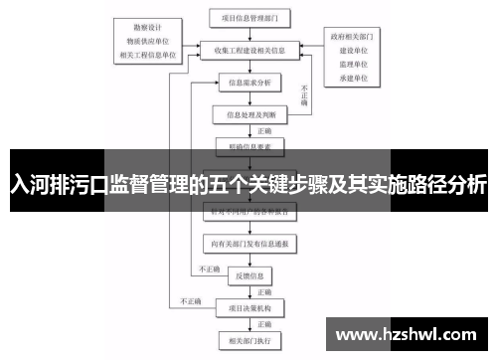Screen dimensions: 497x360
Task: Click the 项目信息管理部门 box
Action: (x=248, y=17)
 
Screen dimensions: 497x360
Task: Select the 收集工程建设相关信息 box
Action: (x=248, y=48)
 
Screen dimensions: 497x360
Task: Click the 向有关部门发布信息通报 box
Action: (x=248, y=242)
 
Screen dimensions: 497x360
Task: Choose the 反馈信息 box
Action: (x=248, y=274)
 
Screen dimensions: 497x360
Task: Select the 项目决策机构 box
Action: (x=248, y=307)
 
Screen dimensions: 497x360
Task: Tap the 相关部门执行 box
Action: (x=248, y=340)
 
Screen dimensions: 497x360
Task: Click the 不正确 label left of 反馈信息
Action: (x=208, y=268)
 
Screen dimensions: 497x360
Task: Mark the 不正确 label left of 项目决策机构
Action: (x=190, y=300)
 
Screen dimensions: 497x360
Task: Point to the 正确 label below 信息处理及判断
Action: (x=264, y=130)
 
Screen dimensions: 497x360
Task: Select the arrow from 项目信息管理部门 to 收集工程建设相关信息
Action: (x=248, y=32)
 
